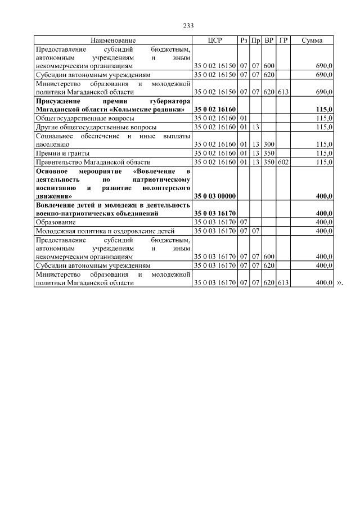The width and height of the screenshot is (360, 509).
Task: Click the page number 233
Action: pyautogui.click(x=188, y=26)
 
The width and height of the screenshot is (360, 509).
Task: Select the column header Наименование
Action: pyautogui.click(x=113, y=40)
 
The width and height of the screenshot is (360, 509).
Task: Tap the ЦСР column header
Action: pyautogui.click(x=215, y=40)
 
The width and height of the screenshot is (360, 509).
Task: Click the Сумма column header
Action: pyautogui.click(x=312, y=40)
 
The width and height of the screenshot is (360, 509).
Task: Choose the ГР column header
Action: pyautogui.click(x=283, y=40)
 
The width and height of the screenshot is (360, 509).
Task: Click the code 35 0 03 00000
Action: pyautogui.click(x=215, y=196)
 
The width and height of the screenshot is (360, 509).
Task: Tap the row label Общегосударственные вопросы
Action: pyautogui.click(x=77, y=119)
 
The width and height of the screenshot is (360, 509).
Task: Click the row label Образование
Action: pyautogui.click(x=55, y=222)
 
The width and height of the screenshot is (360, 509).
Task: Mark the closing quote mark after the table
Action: pyautogui.click(x=339, y=283)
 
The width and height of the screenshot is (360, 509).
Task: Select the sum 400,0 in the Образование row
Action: pyautogui.click(x=324, y=222)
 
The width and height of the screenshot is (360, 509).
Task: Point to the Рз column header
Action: pyautogui.click(x=244, y=40)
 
